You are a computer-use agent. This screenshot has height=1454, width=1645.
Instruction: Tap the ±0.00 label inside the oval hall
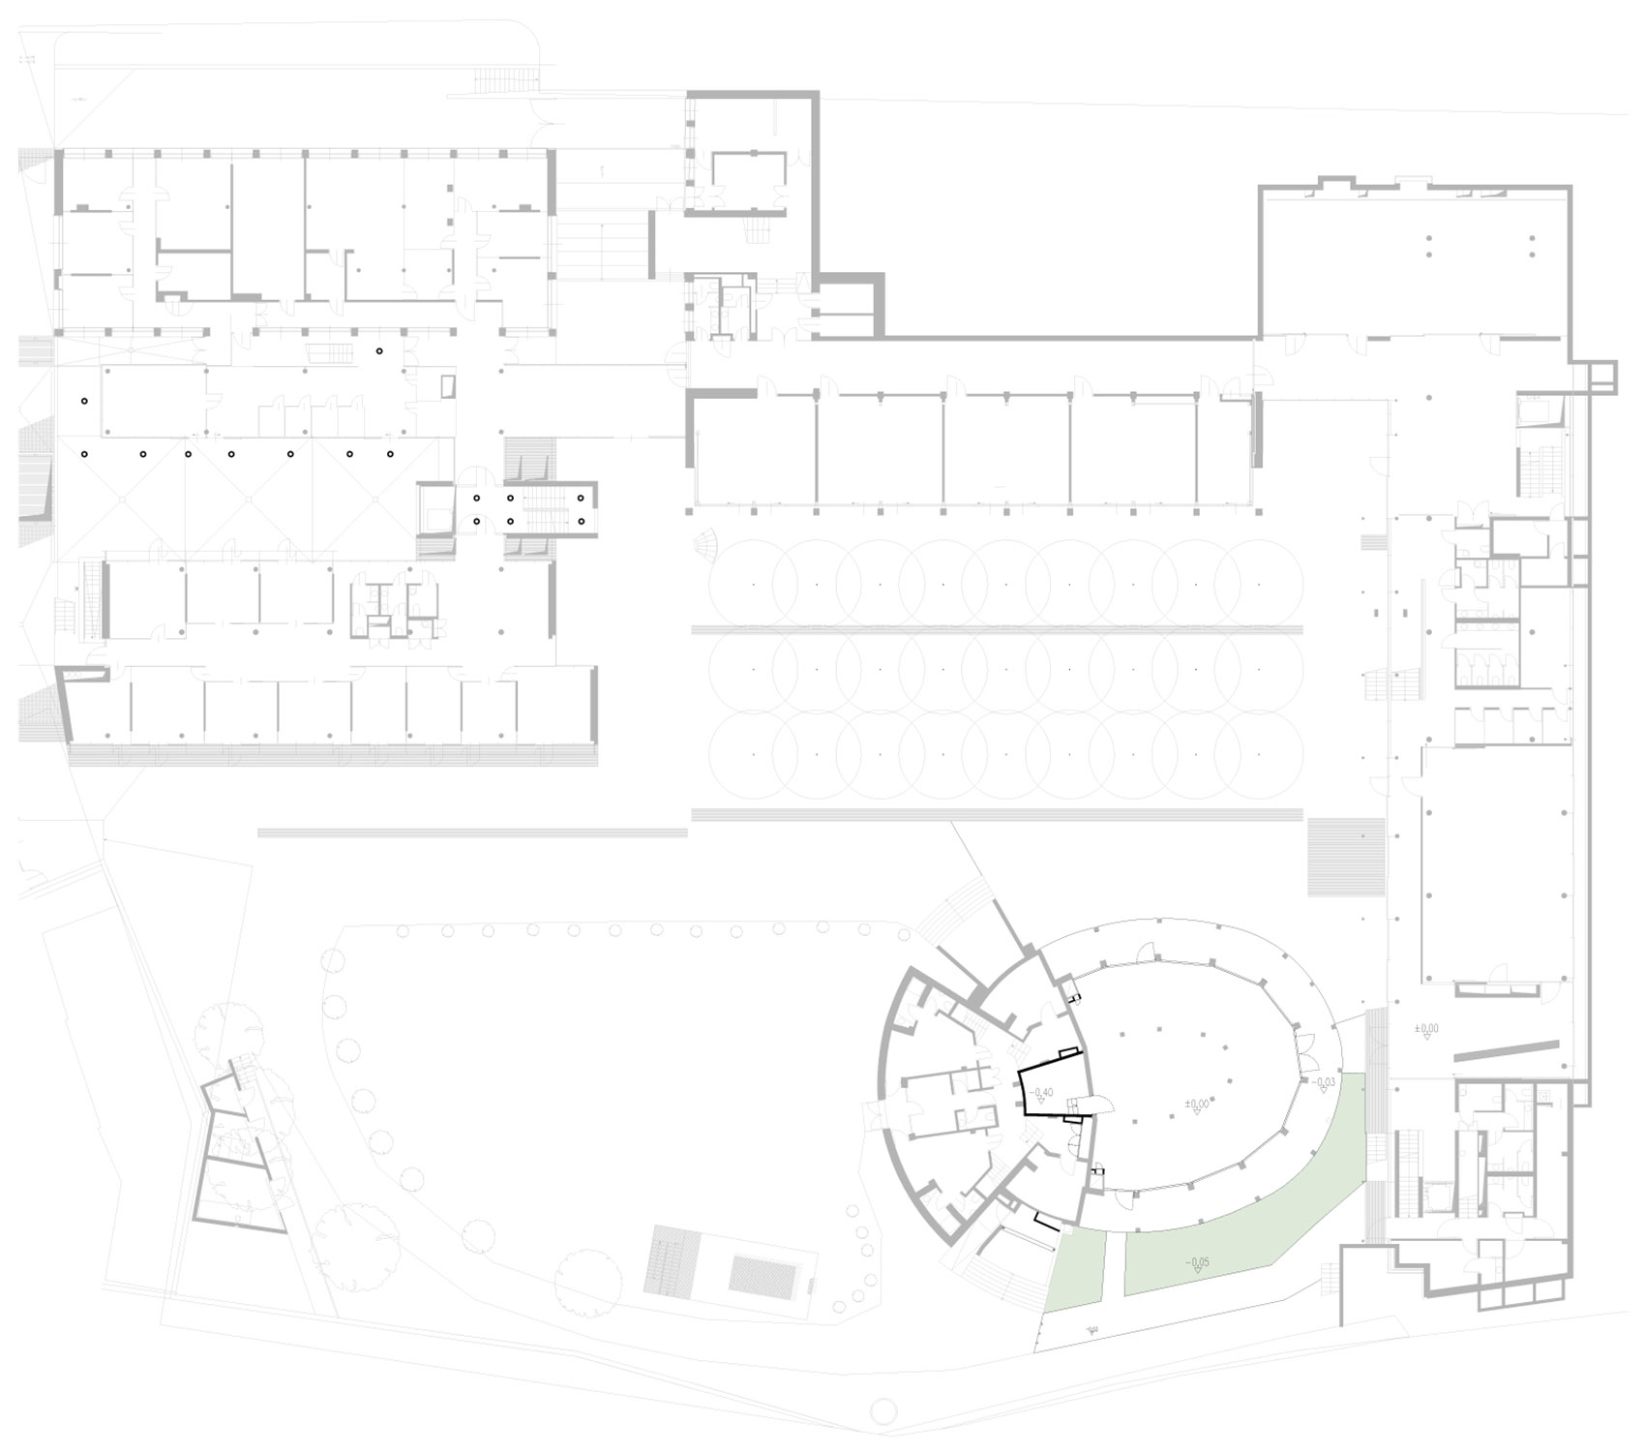[x=1197, y=1103]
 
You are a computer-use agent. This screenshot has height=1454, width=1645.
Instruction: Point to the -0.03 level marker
[x=1324, y=1081]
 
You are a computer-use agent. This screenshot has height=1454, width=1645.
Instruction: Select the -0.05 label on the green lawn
[x=1196, y=1262]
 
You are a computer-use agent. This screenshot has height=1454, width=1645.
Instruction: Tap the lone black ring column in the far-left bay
[x=84, y=401]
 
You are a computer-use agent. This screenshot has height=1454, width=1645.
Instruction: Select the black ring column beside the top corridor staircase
[x=379, y=350]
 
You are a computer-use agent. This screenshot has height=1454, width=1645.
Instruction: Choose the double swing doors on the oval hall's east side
[x=1306, y=1046]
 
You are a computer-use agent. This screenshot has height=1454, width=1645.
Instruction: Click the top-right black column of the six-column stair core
[x=581, y=499]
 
